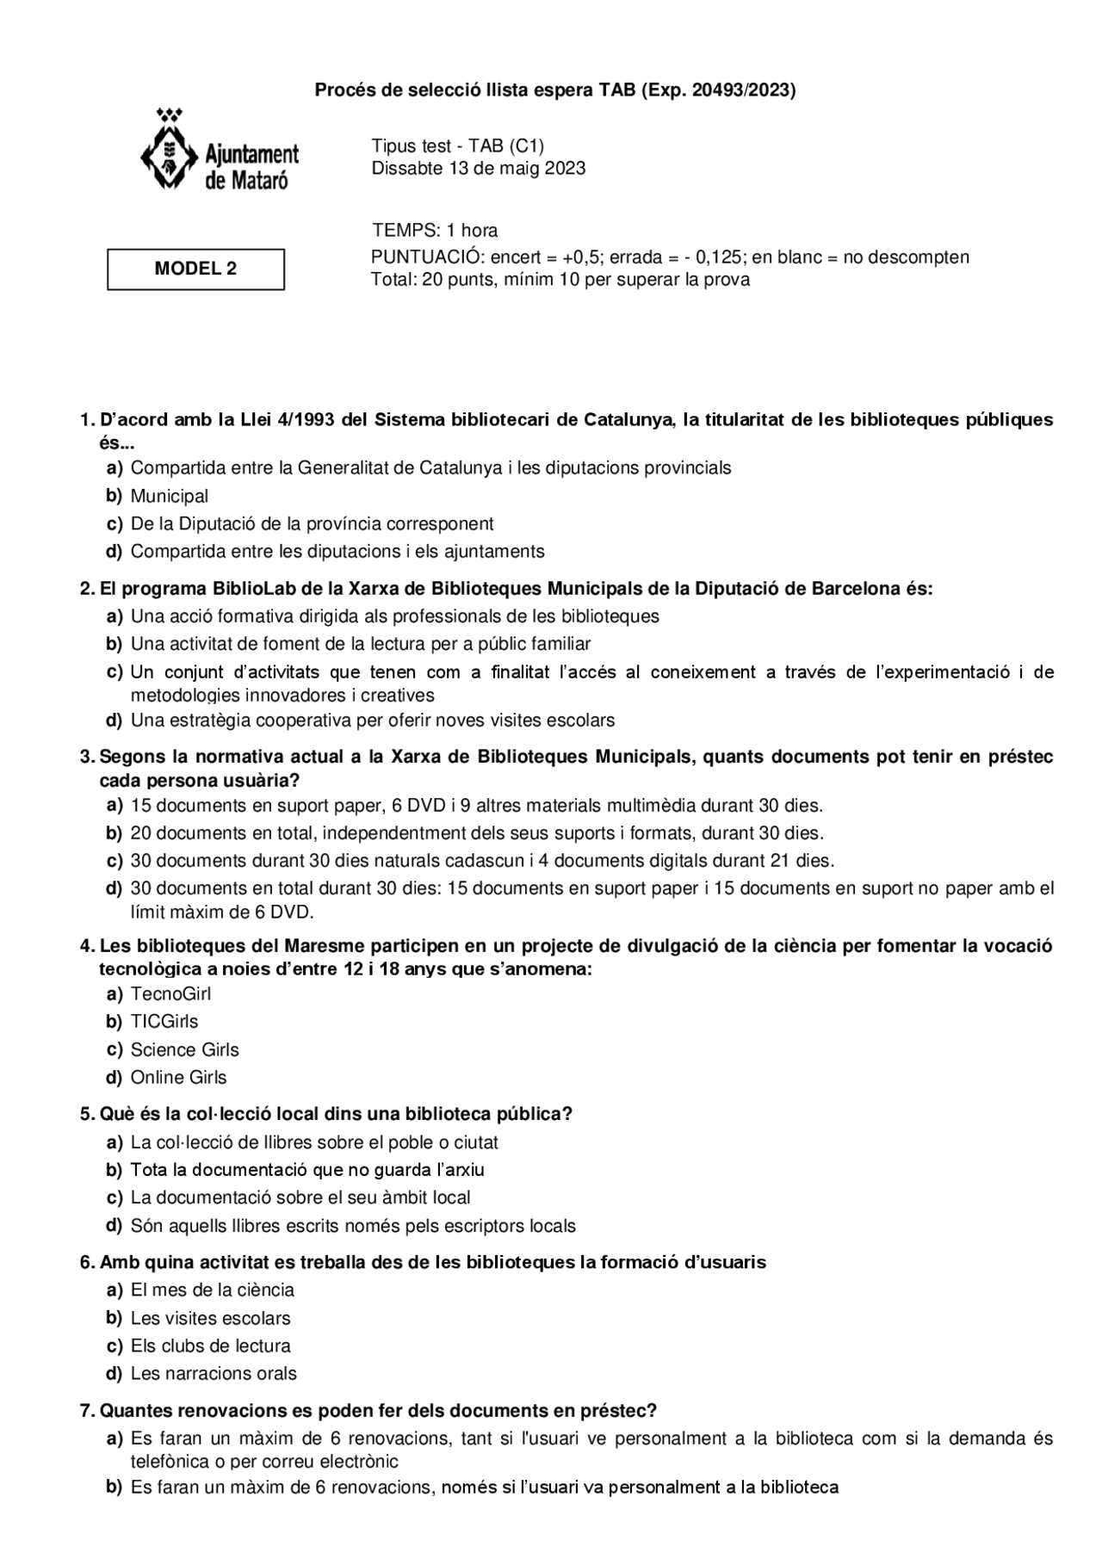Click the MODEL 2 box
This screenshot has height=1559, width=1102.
pos(195,269)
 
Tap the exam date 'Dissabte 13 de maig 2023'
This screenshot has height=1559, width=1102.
pos(478,168)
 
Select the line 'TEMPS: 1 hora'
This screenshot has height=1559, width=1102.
pos(435,230)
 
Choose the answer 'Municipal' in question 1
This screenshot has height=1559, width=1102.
pos(169,496)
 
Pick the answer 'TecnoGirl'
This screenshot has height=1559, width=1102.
pos(170,994)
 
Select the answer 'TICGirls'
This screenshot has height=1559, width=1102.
pos(164,1022)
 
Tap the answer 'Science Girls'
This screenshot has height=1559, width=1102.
pos(184,1049)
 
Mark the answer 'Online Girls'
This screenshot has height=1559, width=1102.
pos(178,1077)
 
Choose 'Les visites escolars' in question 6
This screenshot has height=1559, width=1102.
pos(210,1318)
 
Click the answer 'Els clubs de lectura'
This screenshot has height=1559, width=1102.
pos(210,1346)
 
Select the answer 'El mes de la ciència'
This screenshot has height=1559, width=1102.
pos(212,1290)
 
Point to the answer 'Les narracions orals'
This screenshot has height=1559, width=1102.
pos(213,1373)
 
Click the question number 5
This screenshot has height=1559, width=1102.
pos(86,1114)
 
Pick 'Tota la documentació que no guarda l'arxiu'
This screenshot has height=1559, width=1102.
pos(307,1170)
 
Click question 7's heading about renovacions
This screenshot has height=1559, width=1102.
pos(378,1411)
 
